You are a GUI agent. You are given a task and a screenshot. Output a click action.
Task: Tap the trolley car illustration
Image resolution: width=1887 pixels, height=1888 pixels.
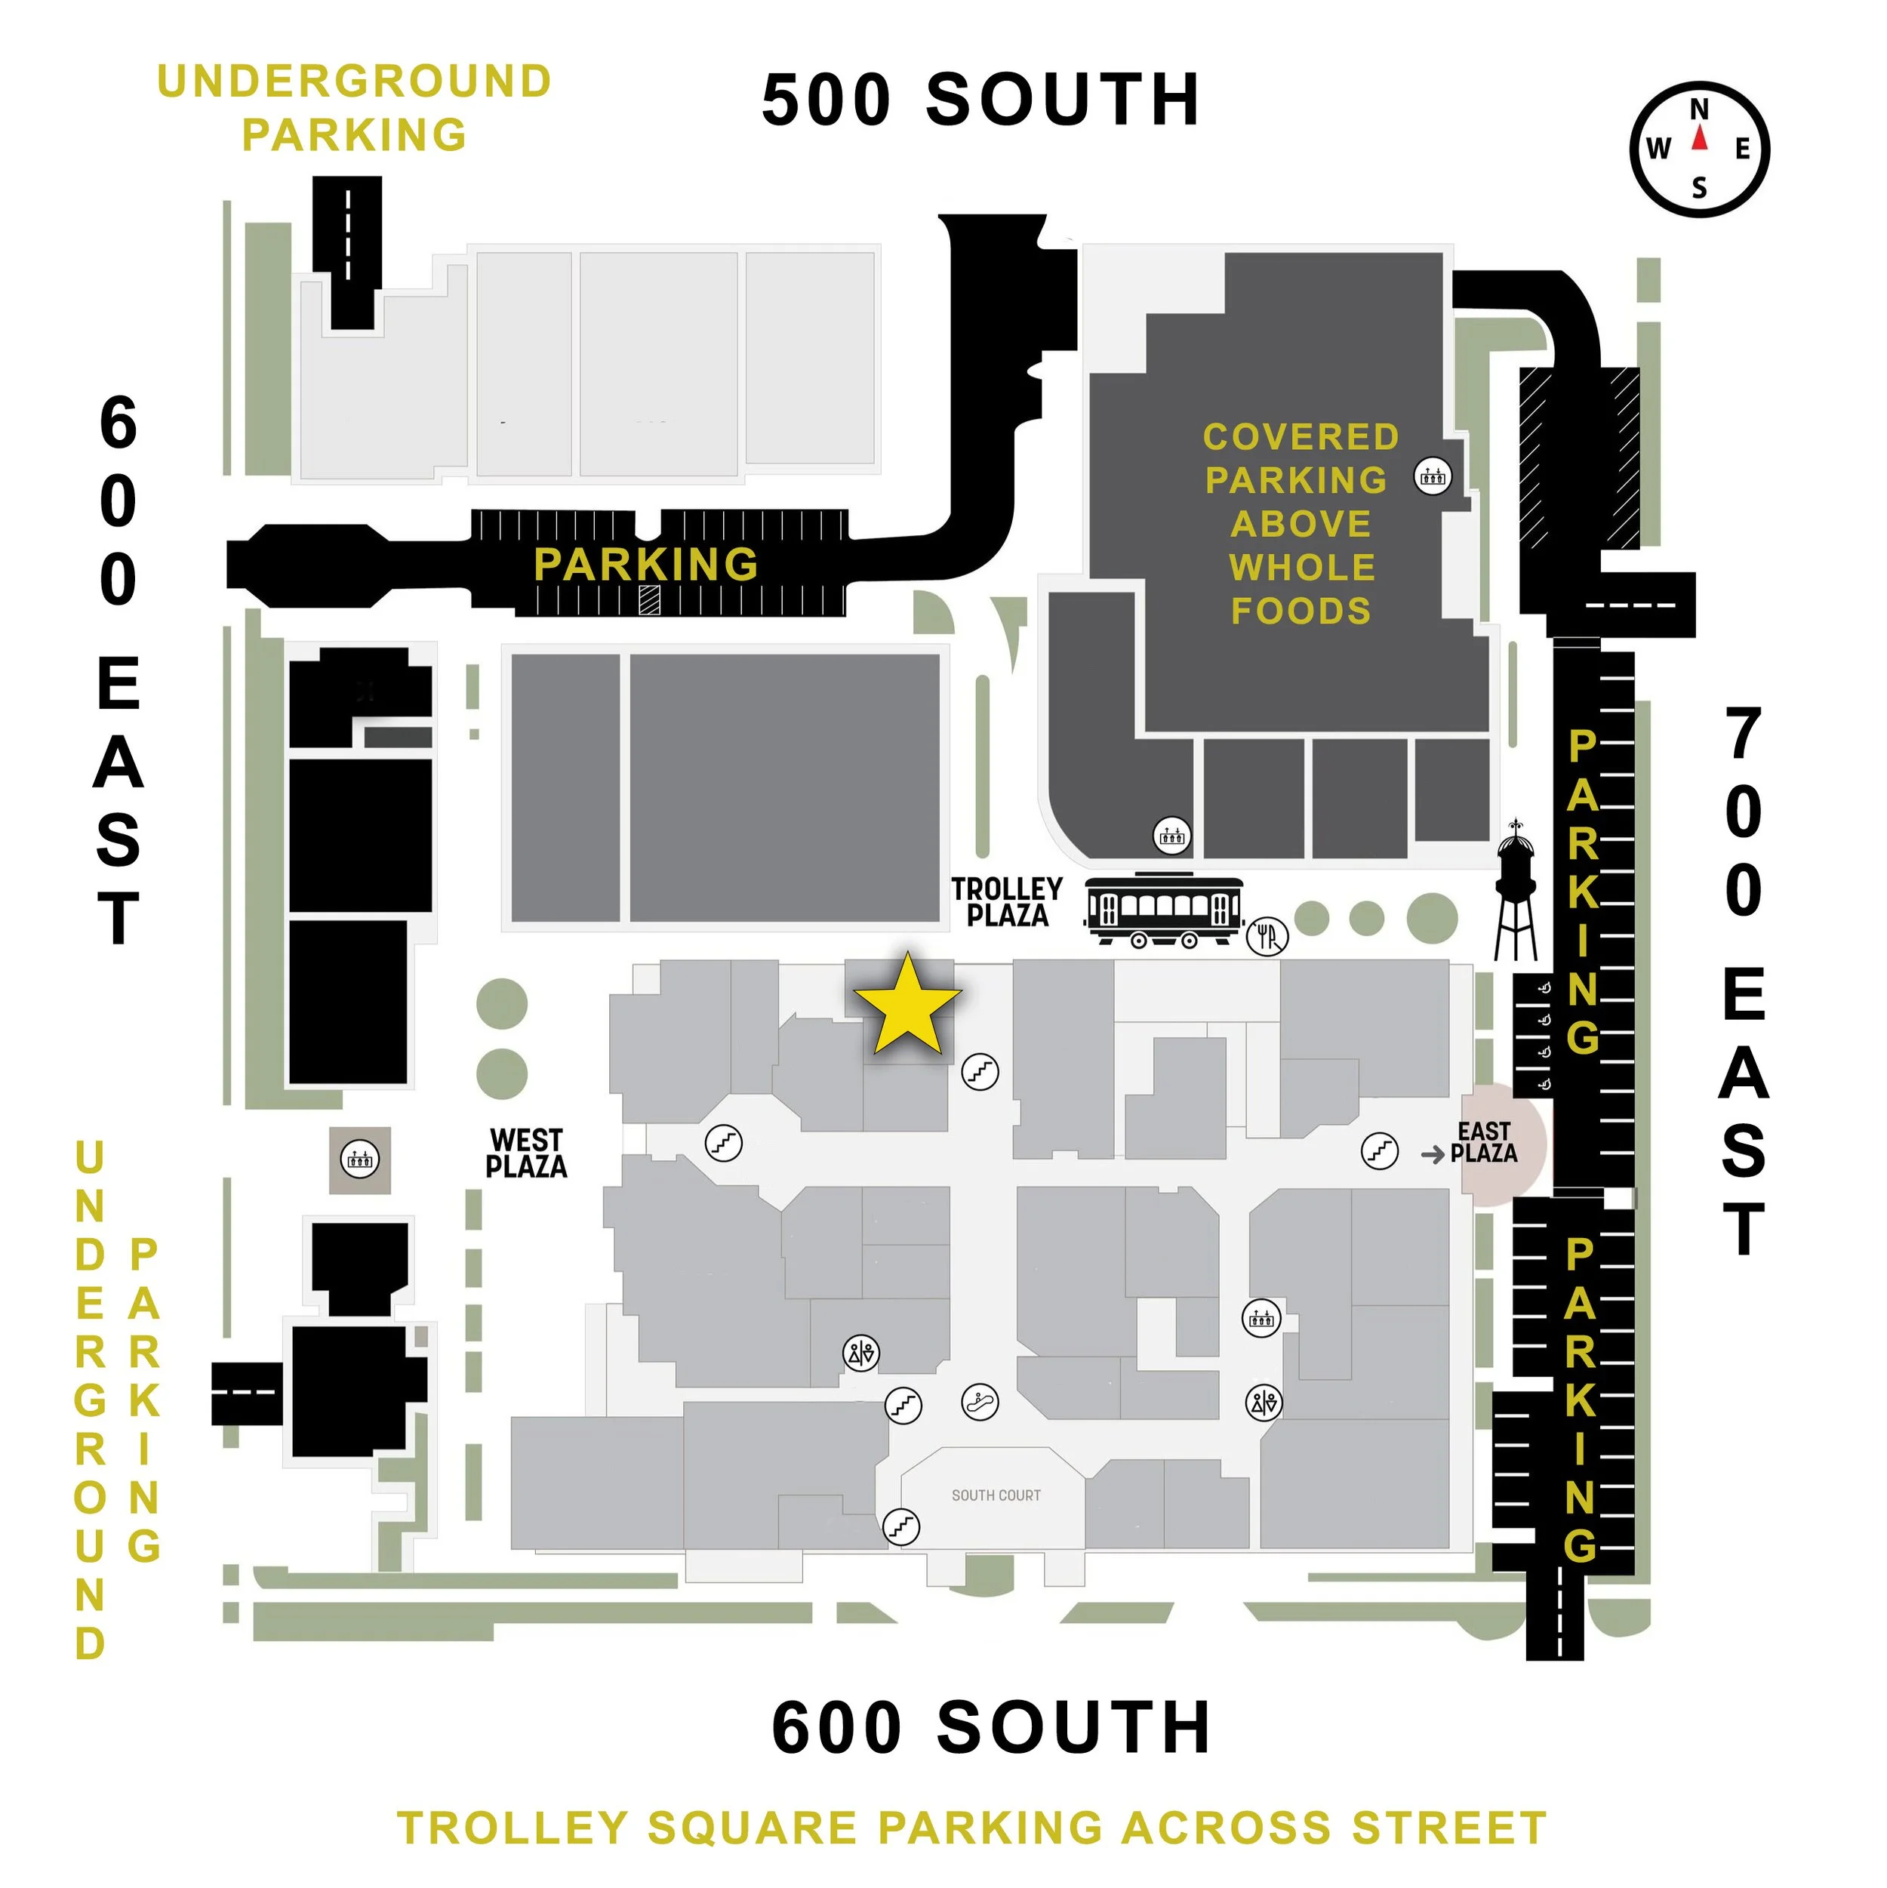tap(1164, 910)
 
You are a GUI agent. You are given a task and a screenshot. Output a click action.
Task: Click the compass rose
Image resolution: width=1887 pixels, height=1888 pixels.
tap(1699, 149)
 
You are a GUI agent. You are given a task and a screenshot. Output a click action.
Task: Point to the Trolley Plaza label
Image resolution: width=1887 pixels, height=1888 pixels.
tap(1007, 902)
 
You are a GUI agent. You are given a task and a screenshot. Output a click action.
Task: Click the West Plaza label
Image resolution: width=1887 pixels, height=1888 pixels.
tap(526, 1153)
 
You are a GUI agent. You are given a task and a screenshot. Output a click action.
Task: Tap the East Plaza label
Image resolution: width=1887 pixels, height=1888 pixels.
tap(1485, 1142)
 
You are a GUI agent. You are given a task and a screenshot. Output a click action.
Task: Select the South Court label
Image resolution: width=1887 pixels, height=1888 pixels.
tap(996, 1495)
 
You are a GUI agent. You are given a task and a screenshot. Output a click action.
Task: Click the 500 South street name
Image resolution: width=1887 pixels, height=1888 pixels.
tap(980, 100)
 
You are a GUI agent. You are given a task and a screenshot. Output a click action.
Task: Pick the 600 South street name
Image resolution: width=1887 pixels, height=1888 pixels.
tap(991, 1728)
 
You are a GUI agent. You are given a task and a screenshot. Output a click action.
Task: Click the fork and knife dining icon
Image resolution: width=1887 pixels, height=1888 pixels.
tap(1267, 936)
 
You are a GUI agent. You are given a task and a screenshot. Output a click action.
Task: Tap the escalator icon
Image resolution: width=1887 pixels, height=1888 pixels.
tap(979, 1403)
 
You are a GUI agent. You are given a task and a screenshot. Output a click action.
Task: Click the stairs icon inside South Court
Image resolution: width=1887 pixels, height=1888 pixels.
tap(901, 1526)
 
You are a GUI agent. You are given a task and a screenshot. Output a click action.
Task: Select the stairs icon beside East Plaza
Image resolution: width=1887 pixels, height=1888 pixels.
tap(1380, 1150)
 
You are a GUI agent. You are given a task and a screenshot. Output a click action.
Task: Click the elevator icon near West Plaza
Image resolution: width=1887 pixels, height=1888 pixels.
tap(359, 1160)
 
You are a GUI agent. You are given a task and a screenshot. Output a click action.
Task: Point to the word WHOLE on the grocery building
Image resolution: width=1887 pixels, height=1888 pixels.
tap(1301, 567)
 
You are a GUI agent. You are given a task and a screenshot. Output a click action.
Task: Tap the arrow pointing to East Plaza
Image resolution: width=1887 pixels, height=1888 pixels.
tap(1433, 1155)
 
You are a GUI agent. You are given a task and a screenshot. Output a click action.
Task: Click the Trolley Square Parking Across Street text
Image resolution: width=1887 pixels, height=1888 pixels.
tap(971, 1828)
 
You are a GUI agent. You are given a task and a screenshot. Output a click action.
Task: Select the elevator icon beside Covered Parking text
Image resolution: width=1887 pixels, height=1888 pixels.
tap(1433, 477)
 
